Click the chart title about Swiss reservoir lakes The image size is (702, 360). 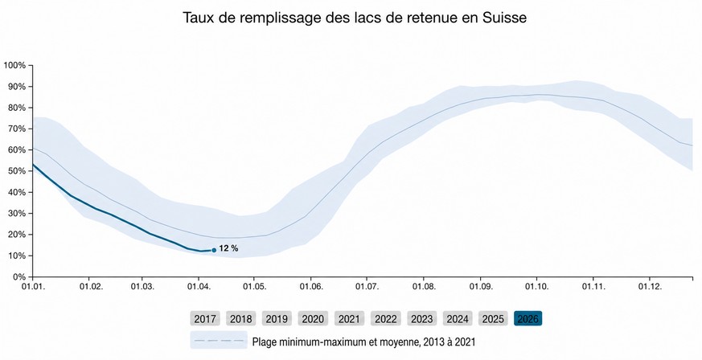[x=355, y=17]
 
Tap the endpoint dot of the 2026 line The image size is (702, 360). [x=213, y=251]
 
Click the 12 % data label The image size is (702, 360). [x=229, y=249]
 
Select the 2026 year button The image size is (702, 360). [x=528, y=319]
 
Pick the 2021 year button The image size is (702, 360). [x=349, y=319]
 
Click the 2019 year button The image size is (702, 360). [x=277, y=319]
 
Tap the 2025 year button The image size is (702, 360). [x=493, y=319]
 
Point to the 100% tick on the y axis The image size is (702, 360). [x=15, y=65]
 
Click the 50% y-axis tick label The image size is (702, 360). [x=17, y=171]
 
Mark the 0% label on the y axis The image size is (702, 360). [x=19, y=277]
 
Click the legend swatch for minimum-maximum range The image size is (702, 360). [x=219, y=341]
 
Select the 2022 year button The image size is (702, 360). [x=385, y=319]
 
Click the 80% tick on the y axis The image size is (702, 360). [x=17, y=108]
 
